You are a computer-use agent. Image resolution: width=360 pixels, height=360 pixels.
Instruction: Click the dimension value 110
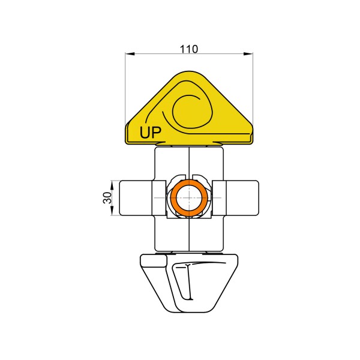tap(188, 49)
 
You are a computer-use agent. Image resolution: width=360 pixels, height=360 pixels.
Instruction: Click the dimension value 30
tap(107, 198)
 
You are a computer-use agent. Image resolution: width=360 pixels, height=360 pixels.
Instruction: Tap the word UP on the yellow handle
tap(151, 132)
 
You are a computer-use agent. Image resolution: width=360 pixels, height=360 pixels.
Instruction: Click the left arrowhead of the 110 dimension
tap(130, 54)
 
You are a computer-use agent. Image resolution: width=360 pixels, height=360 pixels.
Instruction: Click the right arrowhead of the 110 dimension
tap(248, 54)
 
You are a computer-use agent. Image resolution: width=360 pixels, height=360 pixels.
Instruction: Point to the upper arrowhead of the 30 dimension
tap(112, 185)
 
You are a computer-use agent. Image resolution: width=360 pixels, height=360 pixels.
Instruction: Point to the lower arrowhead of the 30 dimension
tap(112, 211)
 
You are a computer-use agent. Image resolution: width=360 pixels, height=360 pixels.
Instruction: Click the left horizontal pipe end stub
tap(136, 198)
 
